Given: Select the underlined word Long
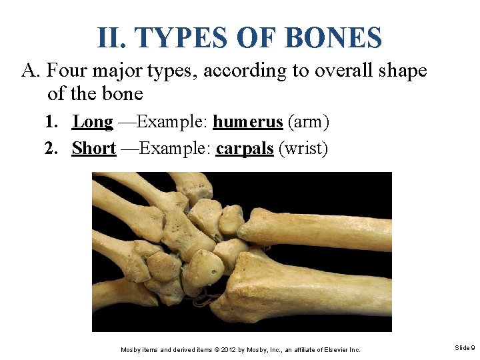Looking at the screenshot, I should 93,122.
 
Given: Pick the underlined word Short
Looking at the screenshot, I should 94,148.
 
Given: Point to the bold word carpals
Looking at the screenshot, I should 245,148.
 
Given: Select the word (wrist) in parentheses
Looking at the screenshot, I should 304,148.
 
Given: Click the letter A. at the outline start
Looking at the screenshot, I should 31,71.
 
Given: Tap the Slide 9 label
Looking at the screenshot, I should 465,348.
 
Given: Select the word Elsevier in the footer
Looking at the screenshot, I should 330,349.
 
